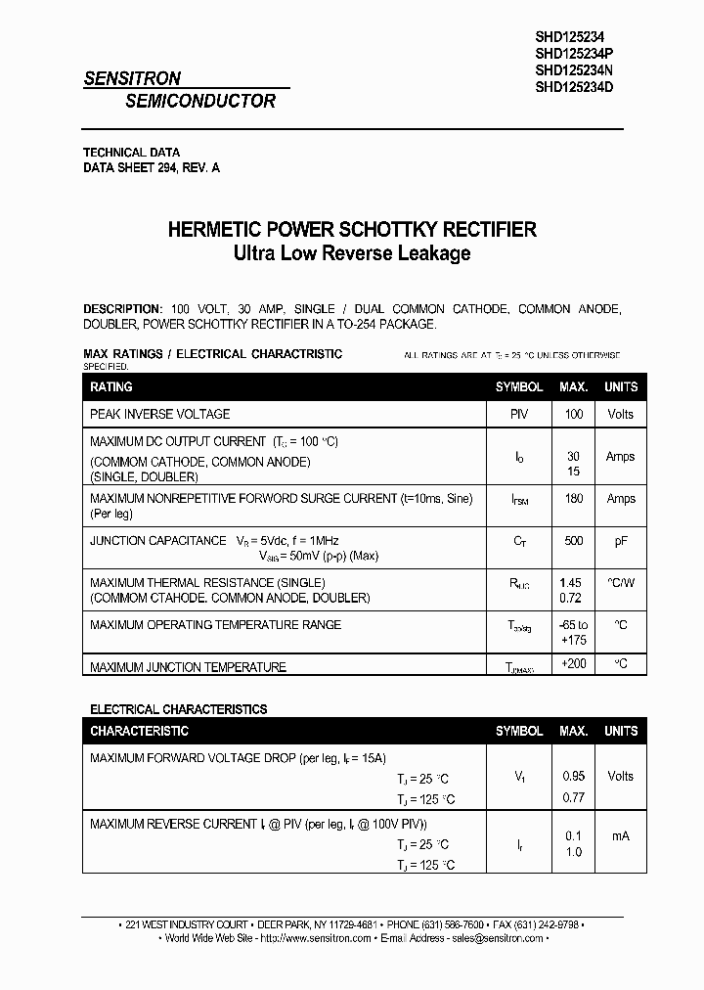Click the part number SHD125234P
[x=575, y=51]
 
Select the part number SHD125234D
[x=575, y=86]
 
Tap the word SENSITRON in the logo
[x=132, y=79]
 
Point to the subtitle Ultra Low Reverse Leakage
[x=352, y=253]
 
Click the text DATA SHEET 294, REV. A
[x=152, y=168]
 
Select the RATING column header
[x=111, y=387]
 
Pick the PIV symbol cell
[x=518, y=415]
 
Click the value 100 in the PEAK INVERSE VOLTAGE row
[x=573, y=415]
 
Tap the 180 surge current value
[x=573, y=499]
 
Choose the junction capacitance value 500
[x=573, y=541]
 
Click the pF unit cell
[x=620, y=541]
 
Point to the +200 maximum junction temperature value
[x=573, y=664]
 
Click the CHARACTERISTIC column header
[x=140, y=732]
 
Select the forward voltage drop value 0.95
[x=573, y=776]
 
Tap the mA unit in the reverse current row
[x=620, y=835]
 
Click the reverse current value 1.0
[x=573, y=852]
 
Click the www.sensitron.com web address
[x=326, y=938]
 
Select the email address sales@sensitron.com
[x=497, y=938]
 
